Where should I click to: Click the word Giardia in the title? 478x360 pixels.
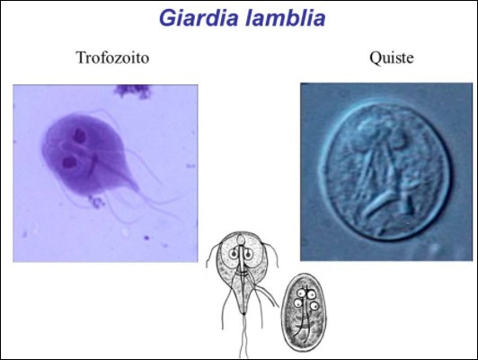(x=199, y=18)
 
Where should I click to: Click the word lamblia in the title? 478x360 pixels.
(x=286, y=18)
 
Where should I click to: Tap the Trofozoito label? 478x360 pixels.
(x=112, y=57)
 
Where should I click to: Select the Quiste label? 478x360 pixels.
(x=392, y=57)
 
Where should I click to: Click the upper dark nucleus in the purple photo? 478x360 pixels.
(x=79, y=136)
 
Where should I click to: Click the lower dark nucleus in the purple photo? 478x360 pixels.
(x=69, y=162)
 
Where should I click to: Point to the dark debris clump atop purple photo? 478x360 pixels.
(x=133, y=91)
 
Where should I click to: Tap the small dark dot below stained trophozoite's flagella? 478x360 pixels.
(x=146, y=238)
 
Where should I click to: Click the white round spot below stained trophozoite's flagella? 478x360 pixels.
(x=125, y=233)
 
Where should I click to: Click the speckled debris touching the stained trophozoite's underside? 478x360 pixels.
(x=96, y=201)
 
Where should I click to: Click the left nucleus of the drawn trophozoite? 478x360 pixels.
(x=235, y=253)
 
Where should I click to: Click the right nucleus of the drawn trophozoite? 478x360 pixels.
(x=248, y=253)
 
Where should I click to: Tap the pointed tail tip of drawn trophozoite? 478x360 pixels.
(x=243, y=313)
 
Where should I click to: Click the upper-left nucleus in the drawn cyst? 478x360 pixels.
(x=301, y=293)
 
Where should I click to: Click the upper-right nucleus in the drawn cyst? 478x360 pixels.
(x=311, y=294)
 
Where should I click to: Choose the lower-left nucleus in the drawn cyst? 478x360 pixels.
(x=298, y=303)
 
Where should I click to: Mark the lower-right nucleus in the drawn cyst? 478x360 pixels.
(x=314, y=305)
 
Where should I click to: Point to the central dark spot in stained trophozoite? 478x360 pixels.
(x=95, y=159)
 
